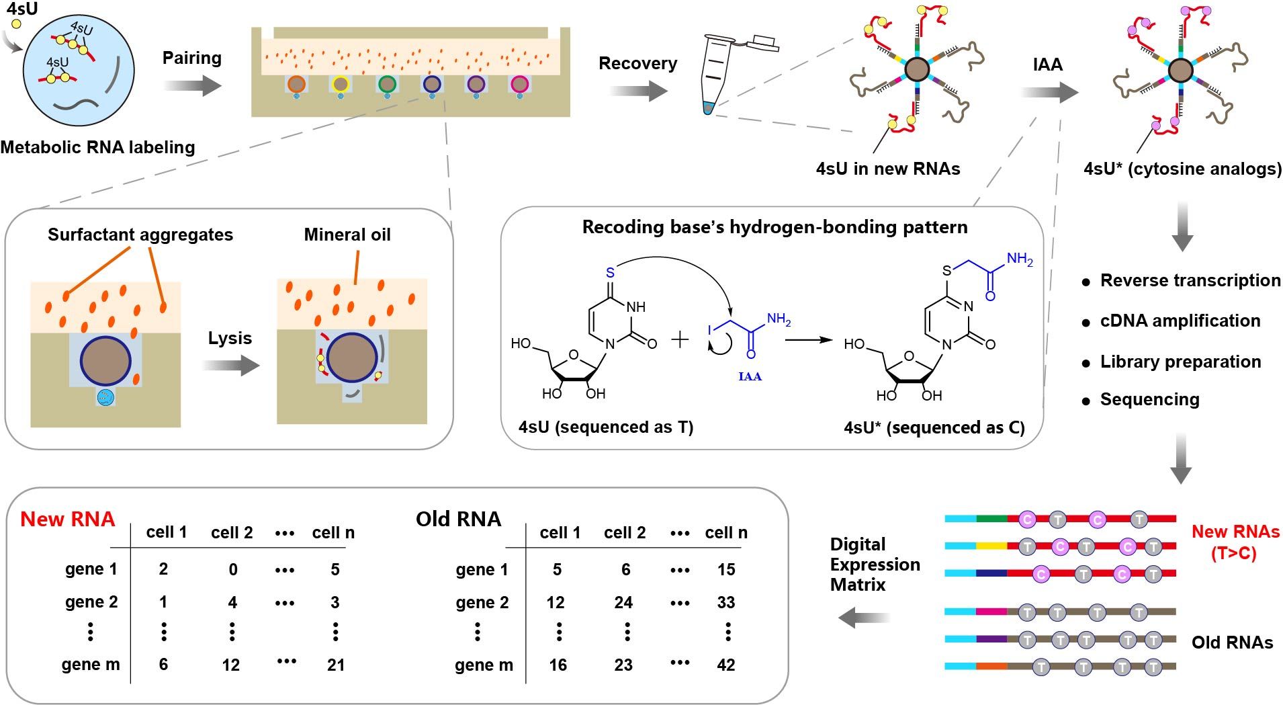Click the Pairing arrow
(x=193, y=86)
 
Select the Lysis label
(x=230, y=338)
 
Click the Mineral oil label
(x=347, y=235)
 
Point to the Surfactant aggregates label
(x=140, y=235)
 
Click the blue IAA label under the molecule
(x=750, y=376)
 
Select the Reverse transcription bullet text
(x=1190, y=280)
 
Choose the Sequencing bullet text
(x=1149, y=399)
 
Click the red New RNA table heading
(x=68, y=519)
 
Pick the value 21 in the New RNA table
(x=336, y=665)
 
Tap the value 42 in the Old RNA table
(x=726, y=665)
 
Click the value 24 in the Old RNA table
(x=623, y=602)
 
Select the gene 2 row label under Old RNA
(x=482, y=602)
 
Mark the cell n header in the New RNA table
(x=333, y=533)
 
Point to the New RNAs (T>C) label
(x=1235, y=542)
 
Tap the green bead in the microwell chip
(x=386, y=84)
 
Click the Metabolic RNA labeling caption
(x=98, y=147)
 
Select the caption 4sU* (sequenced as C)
(x=934, y=427)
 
